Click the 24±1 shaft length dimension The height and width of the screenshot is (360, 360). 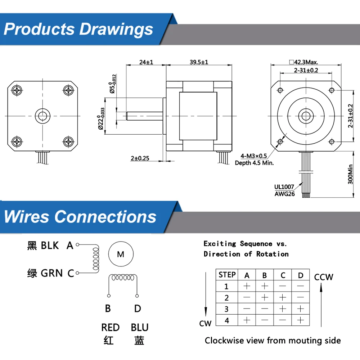point(146,62)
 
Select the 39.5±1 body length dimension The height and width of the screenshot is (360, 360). point(199,62)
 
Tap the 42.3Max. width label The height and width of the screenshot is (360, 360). point(303,62)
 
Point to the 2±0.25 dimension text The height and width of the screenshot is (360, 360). point(140,158)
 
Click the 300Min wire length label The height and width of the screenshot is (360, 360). point(350,174)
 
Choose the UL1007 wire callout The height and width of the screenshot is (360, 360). point(284,187)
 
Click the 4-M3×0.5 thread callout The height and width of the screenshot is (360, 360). point(254,156)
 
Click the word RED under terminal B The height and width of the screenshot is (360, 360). point(111,327)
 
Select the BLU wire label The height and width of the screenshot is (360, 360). point(140,327)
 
